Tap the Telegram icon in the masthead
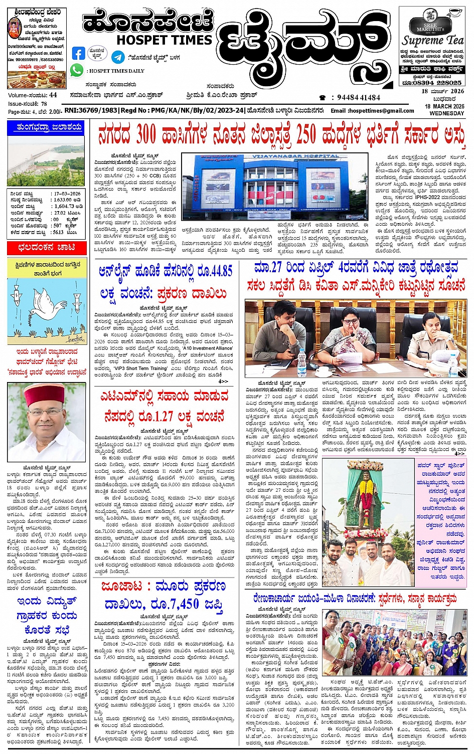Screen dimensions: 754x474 [118, 57]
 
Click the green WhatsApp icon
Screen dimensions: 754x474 [77, 70]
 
